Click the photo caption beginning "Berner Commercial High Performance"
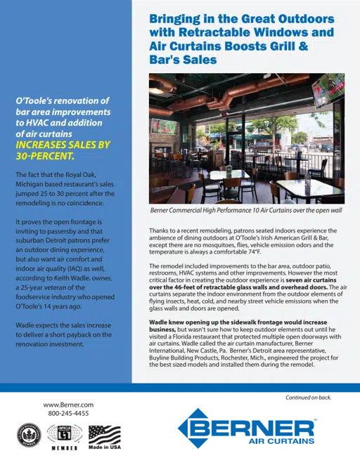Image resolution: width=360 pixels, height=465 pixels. tap(246, 210)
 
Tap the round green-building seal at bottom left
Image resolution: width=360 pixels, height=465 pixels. tap(27, 437)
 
